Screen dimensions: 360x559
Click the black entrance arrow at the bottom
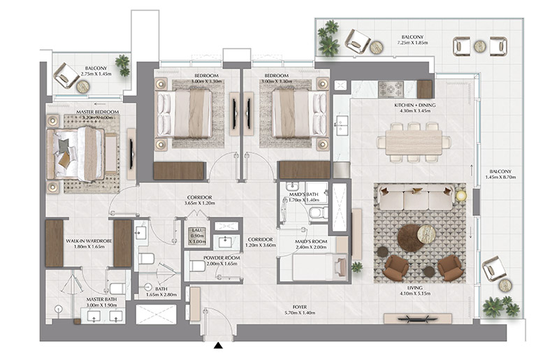point(219,345)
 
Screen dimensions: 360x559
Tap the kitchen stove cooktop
point(391,89)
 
